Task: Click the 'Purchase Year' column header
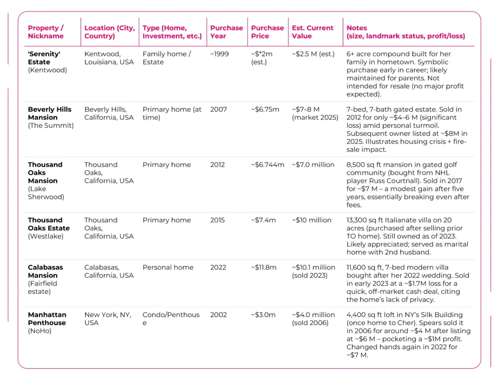click(x=226, y=32)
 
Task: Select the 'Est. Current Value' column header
click(x=312, y=32)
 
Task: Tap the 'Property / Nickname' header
click(x=46, y=32)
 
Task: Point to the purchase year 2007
click(x=218, y=110)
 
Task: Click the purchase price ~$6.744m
click(x=268, y=165)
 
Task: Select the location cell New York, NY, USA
click(x=107, y=319)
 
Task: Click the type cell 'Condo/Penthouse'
click(x=171, y=319)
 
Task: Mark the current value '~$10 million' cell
click(x=312, y=220)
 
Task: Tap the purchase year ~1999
click(x=219, y=54)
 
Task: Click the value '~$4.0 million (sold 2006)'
click(x=313, y=319)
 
